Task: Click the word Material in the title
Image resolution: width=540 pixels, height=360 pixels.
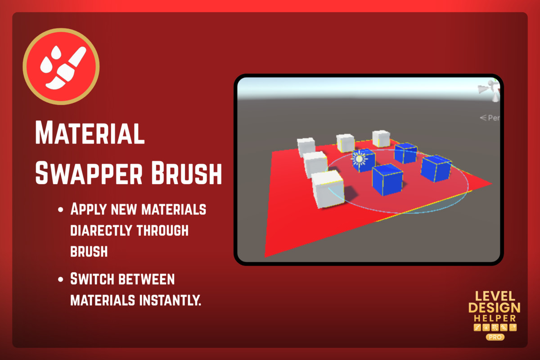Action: point(90,133)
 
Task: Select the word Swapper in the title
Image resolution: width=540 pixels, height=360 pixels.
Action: point(89,173)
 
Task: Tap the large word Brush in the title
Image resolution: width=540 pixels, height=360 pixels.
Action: point(186,173)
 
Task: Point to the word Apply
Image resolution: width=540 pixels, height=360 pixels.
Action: point(89,209)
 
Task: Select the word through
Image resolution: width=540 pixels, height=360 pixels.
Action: point(162,230)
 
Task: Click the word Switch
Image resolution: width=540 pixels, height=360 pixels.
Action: point(92,279)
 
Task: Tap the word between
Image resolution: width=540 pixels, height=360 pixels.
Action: point(147,279)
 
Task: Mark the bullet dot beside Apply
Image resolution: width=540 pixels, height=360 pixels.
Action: point(60,210)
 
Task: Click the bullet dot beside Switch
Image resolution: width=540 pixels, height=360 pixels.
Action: point(60,279)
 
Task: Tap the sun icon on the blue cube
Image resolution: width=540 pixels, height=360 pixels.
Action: point(359,159)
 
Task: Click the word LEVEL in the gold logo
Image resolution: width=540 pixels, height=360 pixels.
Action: point(495,297)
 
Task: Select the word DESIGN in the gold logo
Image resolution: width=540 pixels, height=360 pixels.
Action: point(495,308)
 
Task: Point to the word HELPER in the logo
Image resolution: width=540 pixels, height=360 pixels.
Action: point(495,319)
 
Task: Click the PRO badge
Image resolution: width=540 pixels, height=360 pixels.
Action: point(495,337)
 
